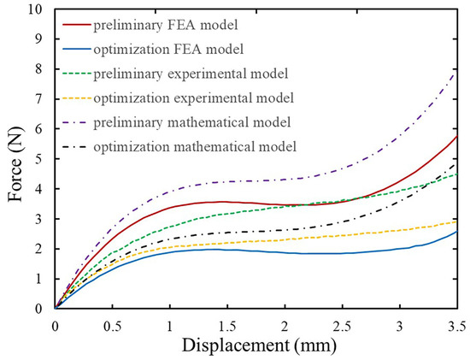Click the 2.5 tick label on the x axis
click(x=342, y=325)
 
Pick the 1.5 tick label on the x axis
click(x=227, y=325)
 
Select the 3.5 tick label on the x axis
click(x=455, y=325)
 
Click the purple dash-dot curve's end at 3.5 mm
click(x=457, y=72)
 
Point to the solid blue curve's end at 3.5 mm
click(x=457, y=232)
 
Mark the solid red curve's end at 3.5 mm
click(x=457, y=137)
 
